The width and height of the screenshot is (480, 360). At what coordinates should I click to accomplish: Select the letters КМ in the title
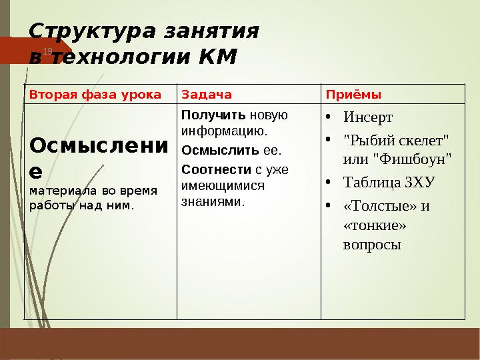pos(217,57)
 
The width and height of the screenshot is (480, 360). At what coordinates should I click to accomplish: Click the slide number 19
pos(47,51)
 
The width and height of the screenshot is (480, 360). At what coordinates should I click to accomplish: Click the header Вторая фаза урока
pos(95,95)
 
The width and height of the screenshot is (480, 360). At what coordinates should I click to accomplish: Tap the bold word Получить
pos(207,115)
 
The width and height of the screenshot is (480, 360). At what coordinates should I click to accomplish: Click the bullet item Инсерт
pos(368,118)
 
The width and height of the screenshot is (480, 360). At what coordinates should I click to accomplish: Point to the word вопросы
pos(372,245)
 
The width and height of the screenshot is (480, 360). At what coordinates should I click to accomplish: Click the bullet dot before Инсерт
pos(329,117)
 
